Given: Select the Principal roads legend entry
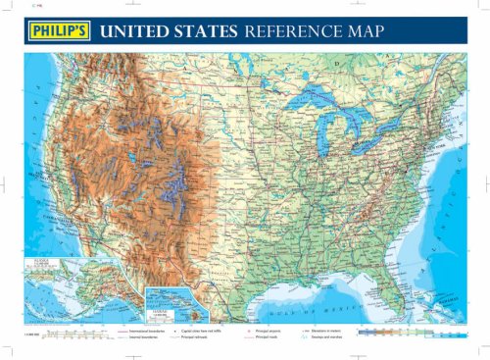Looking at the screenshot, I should click(x=269, y=338).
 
